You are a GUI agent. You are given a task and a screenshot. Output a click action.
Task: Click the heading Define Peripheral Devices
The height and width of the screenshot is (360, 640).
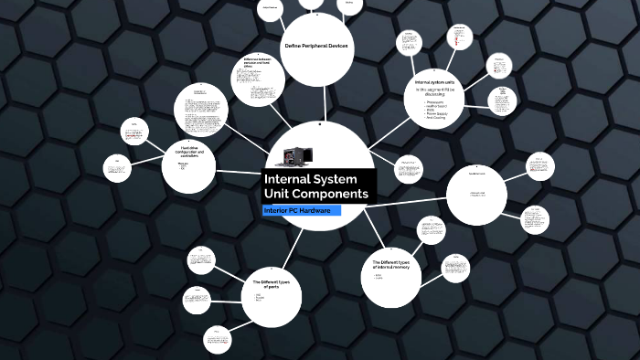pos(316,46)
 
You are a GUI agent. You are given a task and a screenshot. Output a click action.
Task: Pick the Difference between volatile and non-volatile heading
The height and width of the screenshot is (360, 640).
pos(259,62)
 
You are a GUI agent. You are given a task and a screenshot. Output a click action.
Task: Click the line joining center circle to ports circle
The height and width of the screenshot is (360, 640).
pos(287,247)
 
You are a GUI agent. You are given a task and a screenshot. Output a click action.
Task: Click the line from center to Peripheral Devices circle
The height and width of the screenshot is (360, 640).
pos(317,105)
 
